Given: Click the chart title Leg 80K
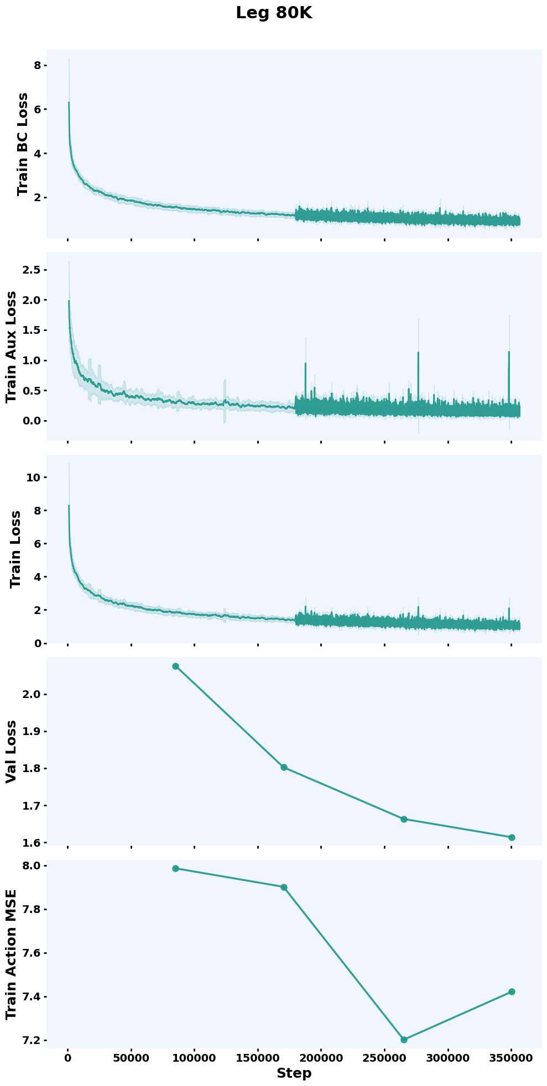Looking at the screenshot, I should click(x=274, y=13).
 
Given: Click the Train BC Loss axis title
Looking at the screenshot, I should click(x=23, y=144).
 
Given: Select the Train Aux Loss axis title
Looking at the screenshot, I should click(x=11, y=347).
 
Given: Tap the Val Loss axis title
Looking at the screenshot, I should click(x=11, y=752).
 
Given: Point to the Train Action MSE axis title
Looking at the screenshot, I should click(x=11, y=954).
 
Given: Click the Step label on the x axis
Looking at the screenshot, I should click(x=294, y=1073).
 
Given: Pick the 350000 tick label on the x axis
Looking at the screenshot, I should click(x=511, y=1058).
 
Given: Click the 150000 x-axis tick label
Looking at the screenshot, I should click(x=258, y=1058).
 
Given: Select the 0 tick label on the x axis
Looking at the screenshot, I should click(x=67, y=1058).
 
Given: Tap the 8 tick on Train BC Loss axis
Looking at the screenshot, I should click(x=37, y=65).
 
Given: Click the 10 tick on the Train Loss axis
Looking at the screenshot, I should click(x=33, y=477).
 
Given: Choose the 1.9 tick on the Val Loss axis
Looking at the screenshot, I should click(x=33, y=731).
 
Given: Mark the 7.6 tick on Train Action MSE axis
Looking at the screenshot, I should click(x=33, y=953).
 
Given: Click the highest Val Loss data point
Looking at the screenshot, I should click(x=175, y=666).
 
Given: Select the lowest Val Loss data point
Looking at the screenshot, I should click(x=512, y=837).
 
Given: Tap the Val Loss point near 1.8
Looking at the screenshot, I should click(x=284, y=767).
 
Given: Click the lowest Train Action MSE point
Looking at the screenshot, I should click(x=404, y=1040).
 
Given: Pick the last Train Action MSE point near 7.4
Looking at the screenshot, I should click(x=512, y=991).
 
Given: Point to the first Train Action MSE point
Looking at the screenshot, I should click(x=175, y=868).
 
